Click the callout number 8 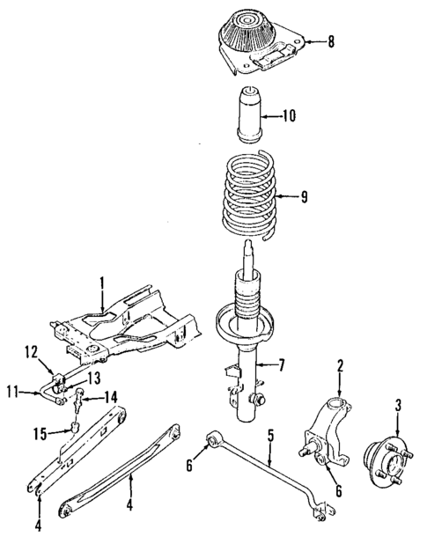point(331,40)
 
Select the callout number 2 point(341,365)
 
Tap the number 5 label point(271,435)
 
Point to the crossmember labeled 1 point(123,330)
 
